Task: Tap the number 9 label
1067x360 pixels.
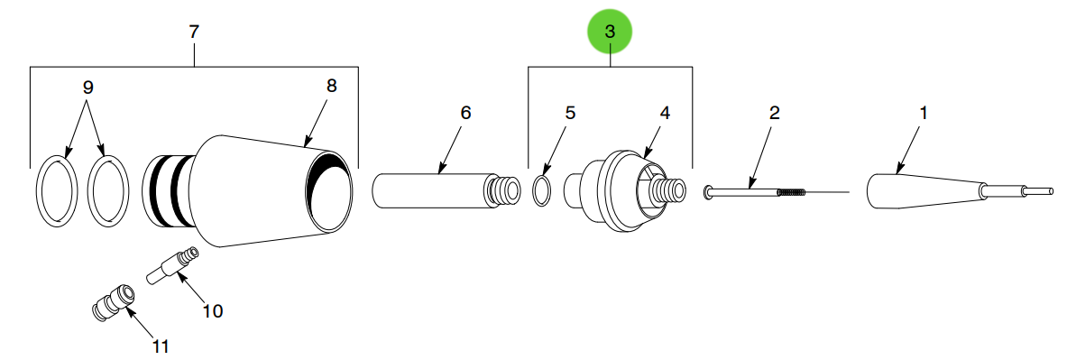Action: [87, 88]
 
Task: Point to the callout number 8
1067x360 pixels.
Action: [331, 86]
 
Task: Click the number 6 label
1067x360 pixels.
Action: [465, 113]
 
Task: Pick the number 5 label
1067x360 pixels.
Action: [569, 113]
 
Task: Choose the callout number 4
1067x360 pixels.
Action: [665, 113]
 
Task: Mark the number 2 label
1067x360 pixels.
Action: [774, 113]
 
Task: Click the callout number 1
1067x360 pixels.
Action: [923, 113]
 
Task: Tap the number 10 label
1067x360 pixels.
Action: [212, 311]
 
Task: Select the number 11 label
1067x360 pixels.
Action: [160, 345]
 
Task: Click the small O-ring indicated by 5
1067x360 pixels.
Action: [542, 191]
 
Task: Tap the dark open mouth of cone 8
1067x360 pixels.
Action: [329, 191]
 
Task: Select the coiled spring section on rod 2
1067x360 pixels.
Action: [790, 191]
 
